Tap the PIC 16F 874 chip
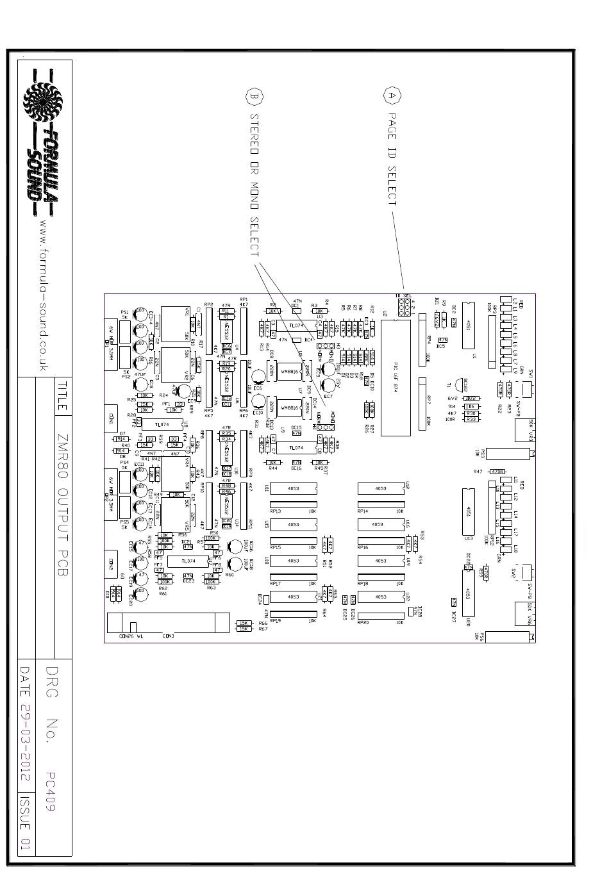point(396,377)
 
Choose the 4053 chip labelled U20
point(467,593)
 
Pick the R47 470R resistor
point(497,472)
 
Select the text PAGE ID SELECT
point(392,160)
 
